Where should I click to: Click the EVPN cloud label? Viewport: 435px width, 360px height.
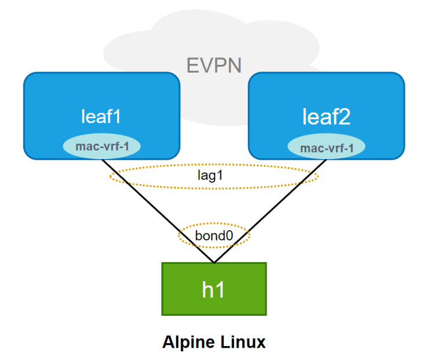tap(214, 65)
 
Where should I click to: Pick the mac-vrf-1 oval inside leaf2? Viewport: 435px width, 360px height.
tap(327, 147)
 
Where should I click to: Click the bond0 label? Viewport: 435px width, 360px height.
tap(213, 236)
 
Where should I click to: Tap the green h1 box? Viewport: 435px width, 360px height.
tap(214, 289)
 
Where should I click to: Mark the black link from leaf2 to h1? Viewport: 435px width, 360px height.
tap(273, 210)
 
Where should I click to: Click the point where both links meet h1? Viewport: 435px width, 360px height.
tap(214, 262)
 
